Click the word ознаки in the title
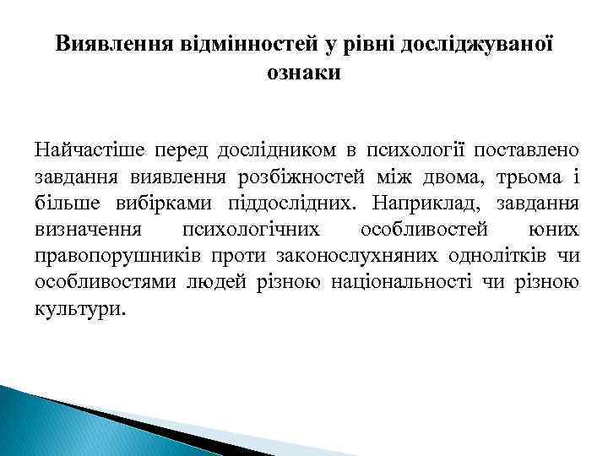point(304,73)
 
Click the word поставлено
point(527,151)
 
